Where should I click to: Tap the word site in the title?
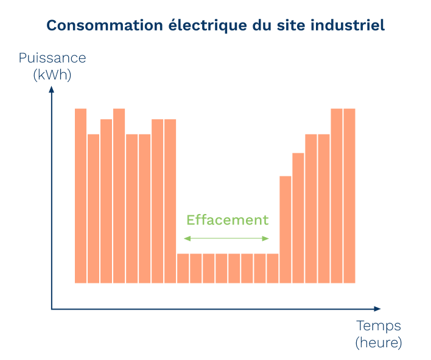tap(289, 26)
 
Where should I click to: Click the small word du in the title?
tap(258, 26)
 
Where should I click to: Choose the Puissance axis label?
tap(52, 58)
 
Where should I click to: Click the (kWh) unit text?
tap(52, 75)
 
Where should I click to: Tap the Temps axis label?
tap(379, 326)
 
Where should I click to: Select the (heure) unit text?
tap(379, 343)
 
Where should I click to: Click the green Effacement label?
tap(227, 220)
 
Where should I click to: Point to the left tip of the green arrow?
tap(185, 238)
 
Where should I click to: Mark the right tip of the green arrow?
tap(268, 238)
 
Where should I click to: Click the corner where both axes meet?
tap(52, 309)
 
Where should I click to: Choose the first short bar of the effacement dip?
tap(183, 268)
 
